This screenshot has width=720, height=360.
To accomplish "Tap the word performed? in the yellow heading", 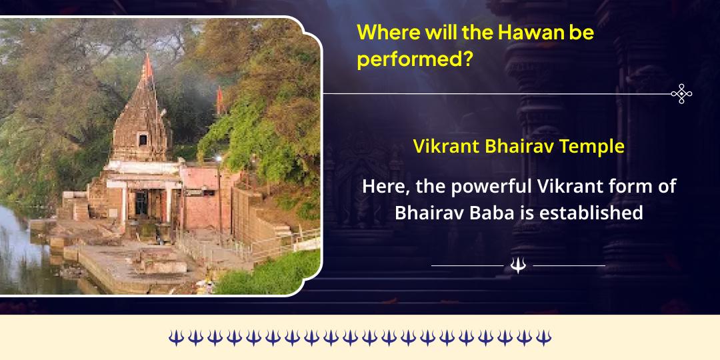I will coord(415,60).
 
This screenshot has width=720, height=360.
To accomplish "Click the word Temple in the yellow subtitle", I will coord(592,147).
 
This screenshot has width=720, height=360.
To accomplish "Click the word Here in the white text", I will coord(383,187).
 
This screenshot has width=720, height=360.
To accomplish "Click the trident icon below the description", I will coord(518,265).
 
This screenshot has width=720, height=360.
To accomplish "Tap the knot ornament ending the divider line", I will coord(681,94).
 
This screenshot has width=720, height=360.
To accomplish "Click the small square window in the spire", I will coord(142,139).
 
